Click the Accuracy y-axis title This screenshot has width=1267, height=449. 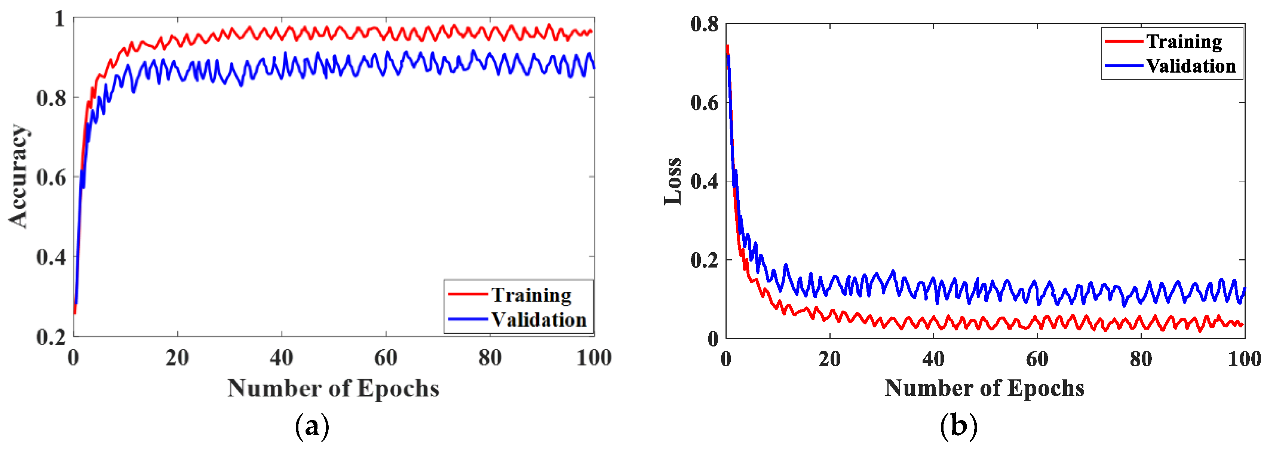(19, 176)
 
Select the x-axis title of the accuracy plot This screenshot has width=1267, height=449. (334, 388)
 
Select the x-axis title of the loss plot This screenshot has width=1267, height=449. (985, 388)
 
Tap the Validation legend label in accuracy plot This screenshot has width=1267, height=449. (539, 320)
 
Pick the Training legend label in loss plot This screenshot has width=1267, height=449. (1184, 42)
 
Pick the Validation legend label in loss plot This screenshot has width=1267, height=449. (1191, 66)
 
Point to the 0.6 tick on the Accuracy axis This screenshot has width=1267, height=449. (51, 178)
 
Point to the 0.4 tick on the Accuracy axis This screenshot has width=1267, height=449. (51, 257)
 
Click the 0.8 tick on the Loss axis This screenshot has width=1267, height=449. (704, 24)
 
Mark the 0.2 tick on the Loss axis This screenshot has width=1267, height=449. (704, 260)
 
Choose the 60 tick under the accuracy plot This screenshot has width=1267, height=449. (386, 358)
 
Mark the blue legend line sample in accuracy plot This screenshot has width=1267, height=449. (468, 319)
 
